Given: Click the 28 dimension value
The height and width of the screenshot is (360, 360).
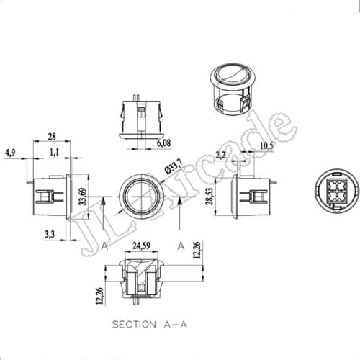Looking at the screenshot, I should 53,137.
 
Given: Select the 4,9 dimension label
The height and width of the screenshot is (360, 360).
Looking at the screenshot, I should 10,153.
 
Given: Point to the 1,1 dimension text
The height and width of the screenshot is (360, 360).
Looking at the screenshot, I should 55,152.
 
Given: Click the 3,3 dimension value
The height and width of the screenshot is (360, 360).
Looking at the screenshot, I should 48,235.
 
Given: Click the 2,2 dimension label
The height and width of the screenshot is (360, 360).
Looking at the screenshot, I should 220,155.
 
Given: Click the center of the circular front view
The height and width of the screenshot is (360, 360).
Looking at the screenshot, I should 142,195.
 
